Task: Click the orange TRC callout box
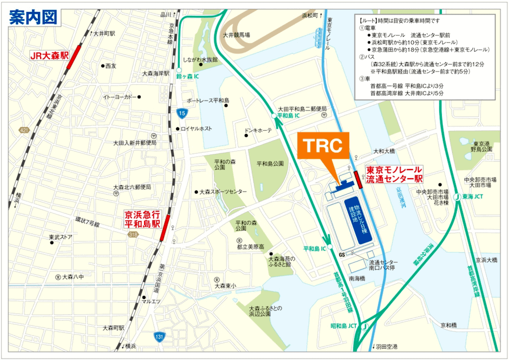pos(324,146)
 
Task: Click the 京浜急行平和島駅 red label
pos(143,219)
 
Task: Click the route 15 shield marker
pos(182,112)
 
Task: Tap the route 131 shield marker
pos(159,336)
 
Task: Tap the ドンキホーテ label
pos(258,130)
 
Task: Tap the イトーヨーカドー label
pos(120,97)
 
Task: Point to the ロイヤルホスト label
pos(196,128)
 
